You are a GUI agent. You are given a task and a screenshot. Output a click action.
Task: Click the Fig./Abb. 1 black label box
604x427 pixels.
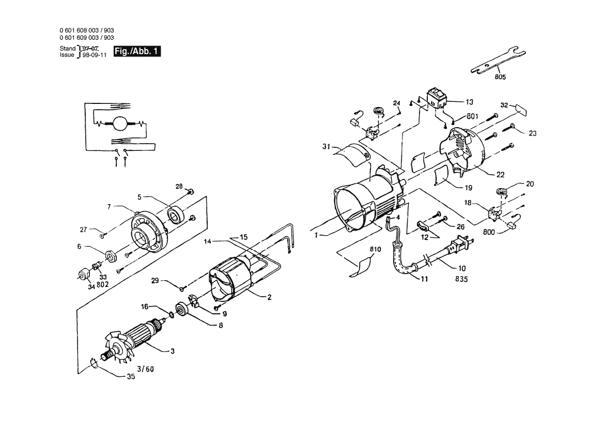[x=137, y=51]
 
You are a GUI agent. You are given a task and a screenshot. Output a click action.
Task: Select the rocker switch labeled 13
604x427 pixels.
[x=437, y=98]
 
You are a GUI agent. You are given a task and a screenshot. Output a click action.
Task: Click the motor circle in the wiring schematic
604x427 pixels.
[x=119, y=124]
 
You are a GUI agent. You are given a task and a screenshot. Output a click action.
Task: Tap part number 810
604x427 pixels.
[x=375, y=249]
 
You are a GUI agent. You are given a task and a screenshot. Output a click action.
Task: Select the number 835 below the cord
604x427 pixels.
[x=461, y=279]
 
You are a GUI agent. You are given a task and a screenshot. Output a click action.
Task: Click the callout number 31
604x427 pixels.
[x=326, y=146]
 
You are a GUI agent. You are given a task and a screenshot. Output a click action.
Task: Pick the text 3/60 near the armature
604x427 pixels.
[x=146, y=369]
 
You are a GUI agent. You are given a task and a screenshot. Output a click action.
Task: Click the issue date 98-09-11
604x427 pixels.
[x=95, y=55]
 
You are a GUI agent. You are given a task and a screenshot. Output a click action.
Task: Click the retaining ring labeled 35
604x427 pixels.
[x=94, y=363]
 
